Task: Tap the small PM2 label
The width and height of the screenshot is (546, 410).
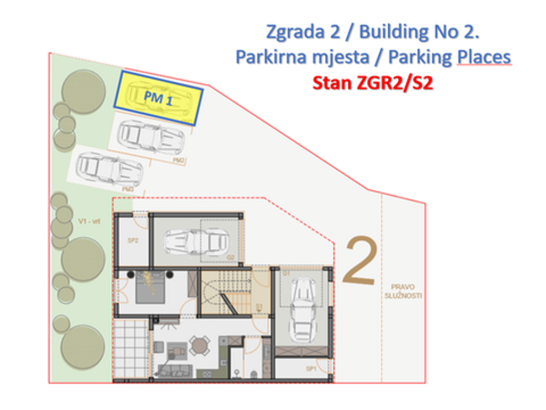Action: click(179, 160)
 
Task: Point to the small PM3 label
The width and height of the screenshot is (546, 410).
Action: click(128, 189)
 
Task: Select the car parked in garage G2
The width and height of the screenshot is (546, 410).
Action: click(196, 242)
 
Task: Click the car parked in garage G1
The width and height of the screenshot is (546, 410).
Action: click(302, 310)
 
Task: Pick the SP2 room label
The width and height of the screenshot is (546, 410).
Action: click(133, 240)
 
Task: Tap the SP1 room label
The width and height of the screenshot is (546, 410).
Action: click(311, 368)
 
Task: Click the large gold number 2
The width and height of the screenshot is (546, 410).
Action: click(360, 261)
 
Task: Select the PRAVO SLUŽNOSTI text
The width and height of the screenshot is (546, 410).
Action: click(403, 291)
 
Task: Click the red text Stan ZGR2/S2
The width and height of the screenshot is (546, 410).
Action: click(372, 83)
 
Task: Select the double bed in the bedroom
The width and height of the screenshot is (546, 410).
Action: click(150, 288)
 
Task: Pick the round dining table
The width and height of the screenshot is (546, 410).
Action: click(200, 346)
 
